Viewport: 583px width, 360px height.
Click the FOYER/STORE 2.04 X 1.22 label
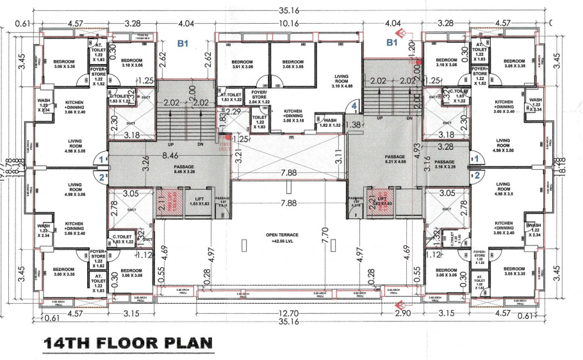tap(258, 100)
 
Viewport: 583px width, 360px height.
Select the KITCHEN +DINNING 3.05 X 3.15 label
tap(293, 115)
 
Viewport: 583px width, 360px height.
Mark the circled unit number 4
tap(354, 106)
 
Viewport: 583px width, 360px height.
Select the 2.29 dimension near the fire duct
tap(235, 113)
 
